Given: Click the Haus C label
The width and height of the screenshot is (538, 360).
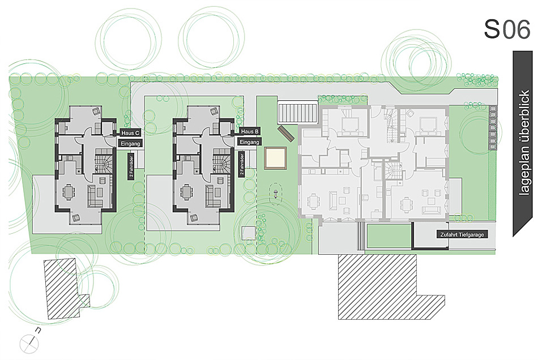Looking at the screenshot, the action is coord(130,133).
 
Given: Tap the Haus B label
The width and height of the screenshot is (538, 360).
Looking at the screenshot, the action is coord(250,132).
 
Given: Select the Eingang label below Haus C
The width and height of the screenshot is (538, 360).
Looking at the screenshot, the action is coord(130,144).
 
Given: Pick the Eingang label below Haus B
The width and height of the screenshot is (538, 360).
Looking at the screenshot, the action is coord(249,142).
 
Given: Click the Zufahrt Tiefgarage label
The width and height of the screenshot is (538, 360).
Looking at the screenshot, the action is coord(462,235).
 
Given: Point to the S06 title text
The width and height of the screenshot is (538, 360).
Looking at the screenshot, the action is coord(507,29).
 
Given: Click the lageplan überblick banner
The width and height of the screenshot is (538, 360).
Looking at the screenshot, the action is coord(523,144).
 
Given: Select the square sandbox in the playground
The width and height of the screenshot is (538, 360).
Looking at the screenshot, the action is coord(275,157).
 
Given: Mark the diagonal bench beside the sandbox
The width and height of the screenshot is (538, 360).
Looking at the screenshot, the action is coord(285,134).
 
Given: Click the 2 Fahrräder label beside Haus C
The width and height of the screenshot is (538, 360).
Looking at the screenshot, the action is coord(131,166).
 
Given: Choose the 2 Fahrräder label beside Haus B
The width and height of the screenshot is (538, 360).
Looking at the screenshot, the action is coord(242,165).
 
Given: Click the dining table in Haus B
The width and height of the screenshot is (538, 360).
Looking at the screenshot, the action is coord(187,191).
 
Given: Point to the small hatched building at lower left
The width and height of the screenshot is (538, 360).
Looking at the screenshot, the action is coord(66,289).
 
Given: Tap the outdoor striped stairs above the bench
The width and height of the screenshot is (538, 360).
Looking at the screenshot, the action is coord(297,112).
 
